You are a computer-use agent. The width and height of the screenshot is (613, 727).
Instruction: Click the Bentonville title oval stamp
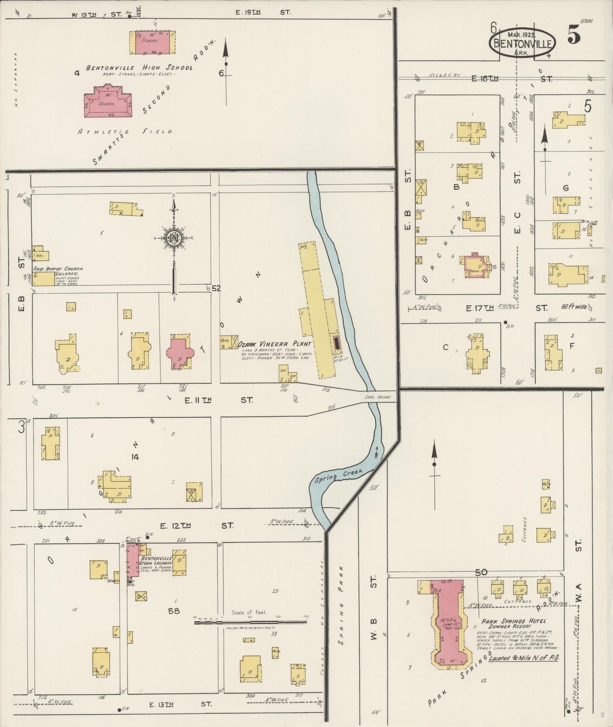tap(523, 43)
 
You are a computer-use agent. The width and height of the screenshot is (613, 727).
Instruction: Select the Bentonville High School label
tap(139, 68)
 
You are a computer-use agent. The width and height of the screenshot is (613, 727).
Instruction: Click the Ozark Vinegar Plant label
tap(274, 344)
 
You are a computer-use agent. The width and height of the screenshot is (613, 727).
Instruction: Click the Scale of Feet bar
tap(250, 622)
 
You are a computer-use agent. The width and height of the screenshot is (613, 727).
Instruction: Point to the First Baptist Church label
tap(58, 269)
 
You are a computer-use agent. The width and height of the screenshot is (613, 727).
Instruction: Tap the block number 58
tap(174, 611)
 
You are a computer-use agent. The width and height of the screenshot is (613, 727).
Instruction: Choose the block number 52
tap(216, 289)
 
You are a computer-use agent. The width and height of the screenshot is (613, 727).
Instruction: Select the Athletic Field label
tap(125, 132)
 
